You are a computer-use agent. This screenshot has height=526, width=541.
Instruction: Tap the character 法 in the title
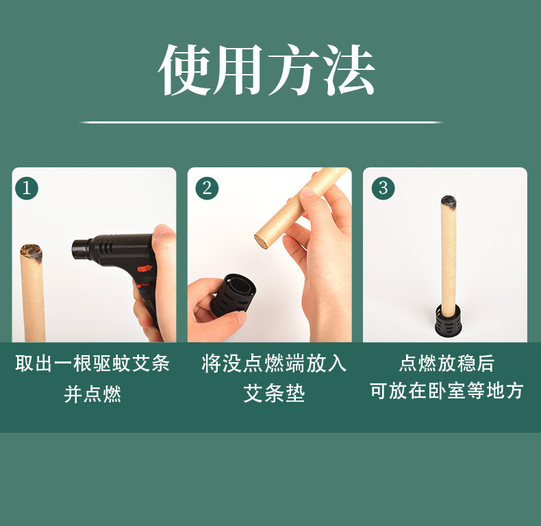[x=349, y=71]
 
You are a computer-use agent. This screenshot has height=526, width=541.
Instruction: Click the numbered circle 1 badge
[x=27, y=188]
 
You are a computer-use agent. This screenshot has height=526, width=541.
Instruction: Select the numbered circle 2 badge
[x=207, y=188]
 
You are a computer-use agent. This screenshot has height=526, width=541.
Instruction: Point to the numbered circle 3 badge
[x=383, y=188]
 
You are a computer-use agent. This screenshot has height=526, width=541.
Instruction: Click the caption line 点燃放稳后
[x=446, y=363]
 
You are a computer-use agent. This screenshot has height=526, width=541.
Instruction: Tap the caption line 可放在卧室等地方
[x=446, y=391]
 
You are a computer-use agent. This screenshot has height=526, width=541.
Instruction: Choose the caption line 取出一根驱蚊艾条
[x=93, y=363]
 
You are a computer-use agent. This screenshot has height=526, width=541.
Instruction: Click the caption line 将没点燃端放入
[x=274, y=363]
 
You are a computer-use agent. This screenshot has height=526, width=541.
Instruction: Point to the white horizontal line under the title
[x=262, y=122]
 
